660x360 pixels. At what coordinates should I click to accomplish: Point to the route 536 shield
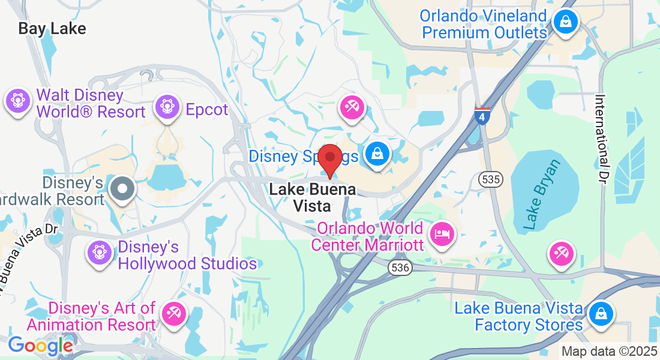coord(400,268)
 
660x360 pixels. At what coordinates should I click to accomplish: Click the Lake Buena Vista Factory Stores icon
coord(599,314)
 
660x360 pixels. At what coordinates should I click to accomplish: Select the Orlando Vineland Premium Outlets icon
coord(565,22)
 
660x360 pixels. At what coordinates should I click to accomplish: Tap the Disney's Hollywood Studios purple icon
coord(100,252)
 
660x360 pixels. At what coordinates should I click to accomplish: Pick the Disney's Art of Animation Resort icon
coord(175,314)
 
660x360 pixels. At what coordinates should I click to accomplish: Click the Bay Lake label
coord(52,28)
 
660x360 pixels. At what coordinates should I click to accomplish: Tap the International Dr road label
coord(602,139)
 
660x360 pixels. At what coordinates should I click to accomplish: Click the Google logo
coord(40,345)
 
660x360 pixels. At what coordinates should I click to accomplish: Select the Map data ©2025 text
coord(609,351)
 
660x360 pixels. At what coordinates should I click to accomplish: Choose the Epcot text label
coord(207,110)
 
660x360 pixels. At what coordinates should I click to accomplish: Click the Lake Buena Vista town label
coord(312,197)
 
